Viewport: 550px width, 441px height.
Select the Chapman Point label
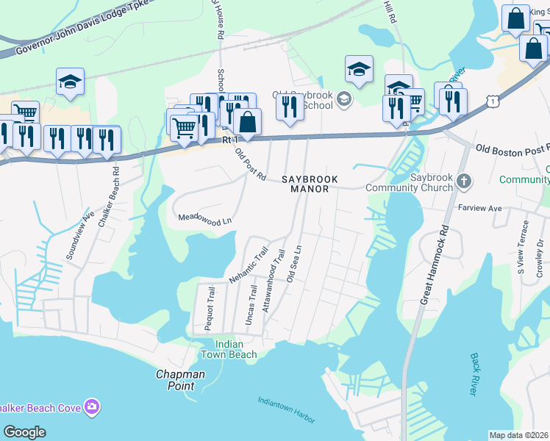180,380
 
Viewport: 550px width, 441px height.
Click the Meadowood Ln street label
205,219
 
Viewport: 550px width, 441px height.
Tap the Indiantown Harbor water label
286,410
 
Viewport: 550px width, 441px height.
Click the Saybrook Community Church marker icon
463,180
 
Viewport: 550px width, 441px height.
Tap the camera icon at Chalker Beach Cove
92,406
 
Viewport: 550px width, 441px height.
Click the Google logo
24,432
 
